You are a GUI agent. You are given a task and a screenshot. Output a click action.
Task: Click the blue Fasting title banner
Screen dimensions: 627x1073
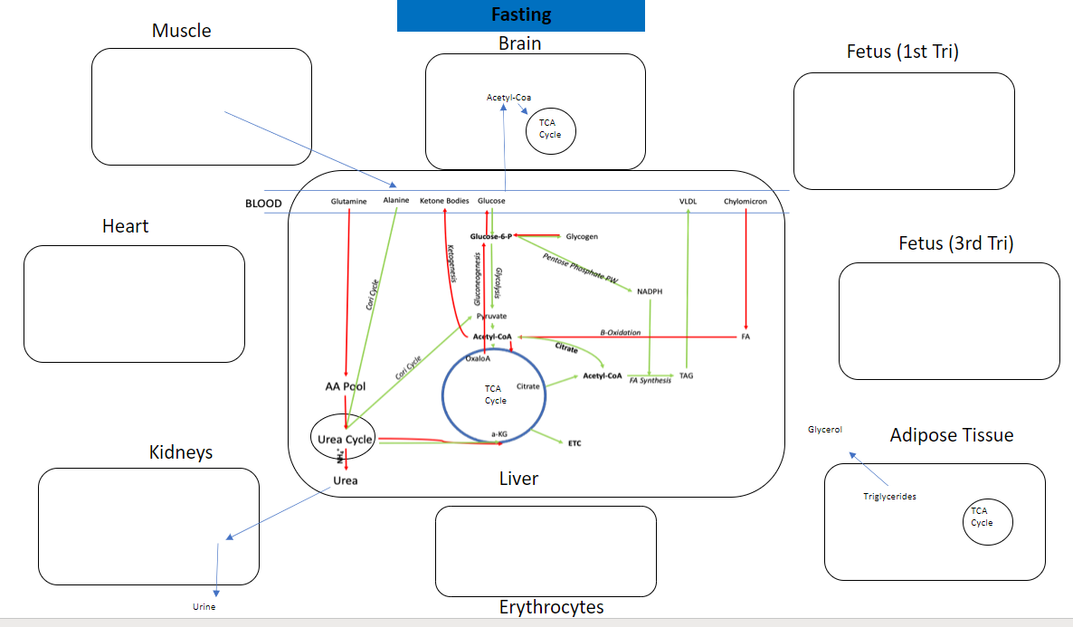[520, 15]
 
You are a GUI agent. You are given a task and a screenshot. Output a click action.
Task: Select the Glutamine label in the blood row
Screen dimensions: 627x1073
[348, 201]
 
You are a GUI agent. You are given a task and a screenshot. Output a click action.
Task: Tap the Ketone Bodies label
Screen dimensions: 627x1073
[444, 201]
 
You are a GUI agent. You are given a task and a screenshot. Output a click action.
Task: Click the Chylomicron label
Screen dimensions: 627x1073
[745, 201]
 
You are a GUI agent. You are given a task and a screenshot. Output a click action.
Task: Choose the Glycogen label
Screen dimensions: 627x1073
[582, 237]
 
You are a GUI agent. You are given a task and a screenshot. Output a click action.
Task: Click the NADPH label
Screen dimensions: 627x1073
[650, 291]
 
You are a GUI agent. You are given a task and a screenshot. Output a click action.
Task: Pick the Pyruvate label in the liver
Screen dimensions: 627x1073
[491, 316]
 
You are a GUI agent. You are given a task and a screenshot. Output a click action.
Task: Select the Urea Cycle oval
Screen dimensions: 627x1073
[346, 439]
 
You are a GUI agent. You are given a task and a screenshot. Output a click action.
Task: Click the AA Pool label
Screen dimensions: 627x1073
[345, 386]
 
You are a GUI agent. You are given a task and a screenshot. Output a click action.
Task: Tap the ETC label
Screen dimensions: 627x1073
[574, 443]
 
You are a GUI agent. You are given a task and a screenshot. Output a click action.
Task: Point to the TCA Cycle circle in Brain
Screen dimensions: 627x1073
[550, 128]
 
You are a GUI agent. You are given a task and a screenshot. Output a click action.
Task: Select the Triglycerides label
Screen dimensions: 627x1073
[889, 496]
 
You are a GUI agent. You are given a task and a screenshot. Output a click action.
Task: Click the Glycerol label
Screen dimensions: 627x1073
[825, 430]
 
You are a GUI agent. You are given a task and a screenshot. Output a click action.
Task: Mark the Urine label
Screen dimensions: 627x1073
[204, 607]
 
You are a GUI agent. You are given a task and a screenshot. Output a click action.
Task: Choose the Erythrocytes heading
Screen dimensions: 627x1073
[551, 607]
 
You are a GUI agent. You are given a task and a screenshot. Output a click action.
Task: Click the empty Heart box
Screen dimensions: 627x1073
[134, 303]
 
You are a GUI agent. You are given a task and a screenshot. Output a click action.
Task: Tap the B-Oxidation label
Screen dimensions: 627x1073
[620, 333]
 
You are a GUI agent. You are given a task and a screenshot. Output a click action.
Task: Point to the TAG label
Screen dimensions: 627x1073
[687, 375]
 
